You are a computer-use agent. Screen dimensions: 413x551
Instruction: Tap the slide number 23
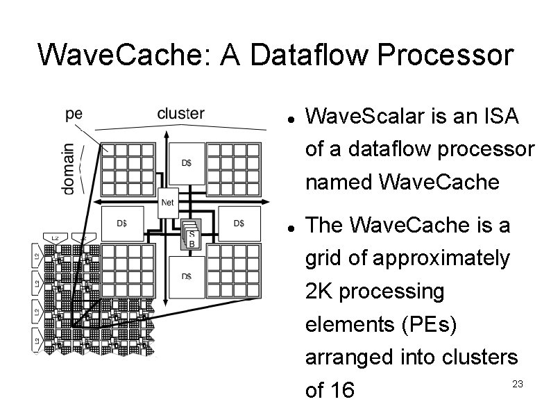(516, 384)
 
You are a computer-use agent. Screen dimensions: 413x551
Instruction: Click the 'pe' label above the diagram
(75, 115)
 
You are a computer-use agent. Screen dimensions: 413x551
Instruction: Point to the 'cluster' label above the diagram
(180, 113)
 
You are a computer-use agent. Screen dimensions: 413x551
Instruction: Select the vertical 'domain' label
(68, 169)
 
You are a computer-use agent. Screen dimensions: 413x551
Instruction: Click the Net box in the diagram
(167, 201)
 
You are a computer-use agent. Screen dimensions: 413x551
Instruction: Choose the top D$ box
(187, 162)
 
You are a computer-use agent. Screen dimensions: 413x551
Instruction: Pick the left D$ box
(121, 223)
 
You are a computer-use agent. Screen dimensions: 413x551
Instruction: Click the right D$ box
(238, 223)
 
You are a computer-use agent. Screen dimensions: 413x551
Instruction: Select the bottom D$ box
(187, 276)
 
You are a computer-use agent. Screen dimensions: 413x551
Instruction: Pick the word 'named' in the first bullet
(339, 183)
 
